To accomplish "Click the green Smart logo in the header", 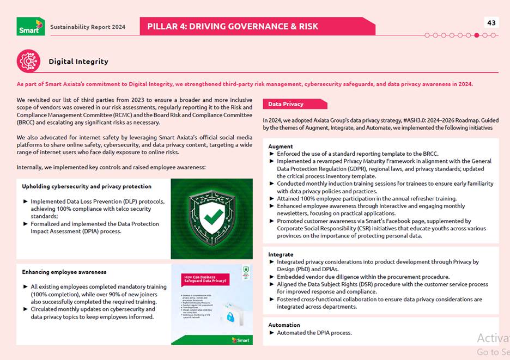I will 31,26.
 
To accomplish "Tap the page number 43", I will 491,22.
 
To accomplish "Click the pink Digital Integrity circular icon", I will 28,61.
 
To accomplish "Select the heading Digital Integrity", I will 78,62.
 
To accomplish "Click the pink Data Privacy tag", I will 295,104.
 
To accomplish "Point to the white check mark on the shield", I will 211,218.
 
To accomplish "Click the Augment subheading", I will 281,147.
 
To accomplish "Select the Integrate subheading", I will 281,254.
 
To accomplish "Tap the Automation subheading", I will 284,325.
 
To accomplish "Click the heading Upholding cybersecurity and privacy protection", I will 87,186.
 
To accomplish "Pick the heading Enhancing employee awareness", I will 64,272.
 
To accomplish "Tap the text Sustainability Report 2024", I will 88,27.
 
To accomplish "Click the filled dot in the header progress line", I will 477,35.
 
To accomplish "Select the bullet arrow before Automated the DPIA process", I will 272,333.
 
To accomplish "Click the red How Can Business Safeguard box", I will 204,279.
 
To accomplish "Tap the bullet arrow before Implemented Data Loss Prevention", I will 25,202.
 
